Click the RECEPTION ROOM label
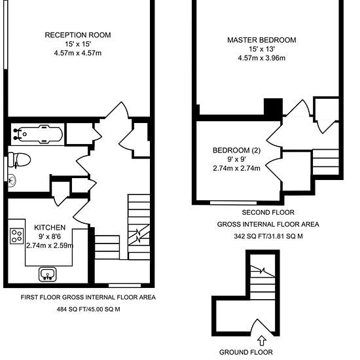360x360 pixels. point(78,35)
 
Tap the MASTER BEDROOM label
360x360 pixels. point(262,40)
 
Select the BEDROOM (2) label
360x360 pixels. point(236,151)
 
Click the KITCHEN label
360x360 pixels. point(50,228)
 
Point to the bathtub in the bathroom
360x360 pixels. point(38,134)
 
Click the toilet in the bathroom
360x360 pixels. point(19,160)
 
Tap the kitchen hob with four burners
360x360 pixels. point(17,236)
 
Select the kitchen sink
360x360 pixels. point(48,274)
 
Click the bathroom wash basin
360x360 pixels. point(12,180)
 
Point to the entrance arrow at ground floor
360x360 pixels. point(262,341)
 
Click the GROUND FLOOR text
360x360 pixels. point(246,352)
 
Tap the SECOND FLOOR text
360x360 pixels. point(268,212)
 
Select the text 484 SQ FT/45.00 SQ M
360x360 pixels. point(88,309)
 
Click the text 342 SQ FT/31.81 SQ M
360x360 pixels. point(268,236)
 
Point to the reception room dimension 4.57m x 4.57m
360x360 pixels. point(78,53)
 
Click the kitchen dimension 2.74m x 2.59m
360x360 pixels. point(50,245)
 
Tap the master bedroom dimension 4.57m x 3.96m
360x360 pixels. point(262,58)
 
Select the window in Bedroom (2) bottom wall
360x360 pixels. point(234,203)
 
